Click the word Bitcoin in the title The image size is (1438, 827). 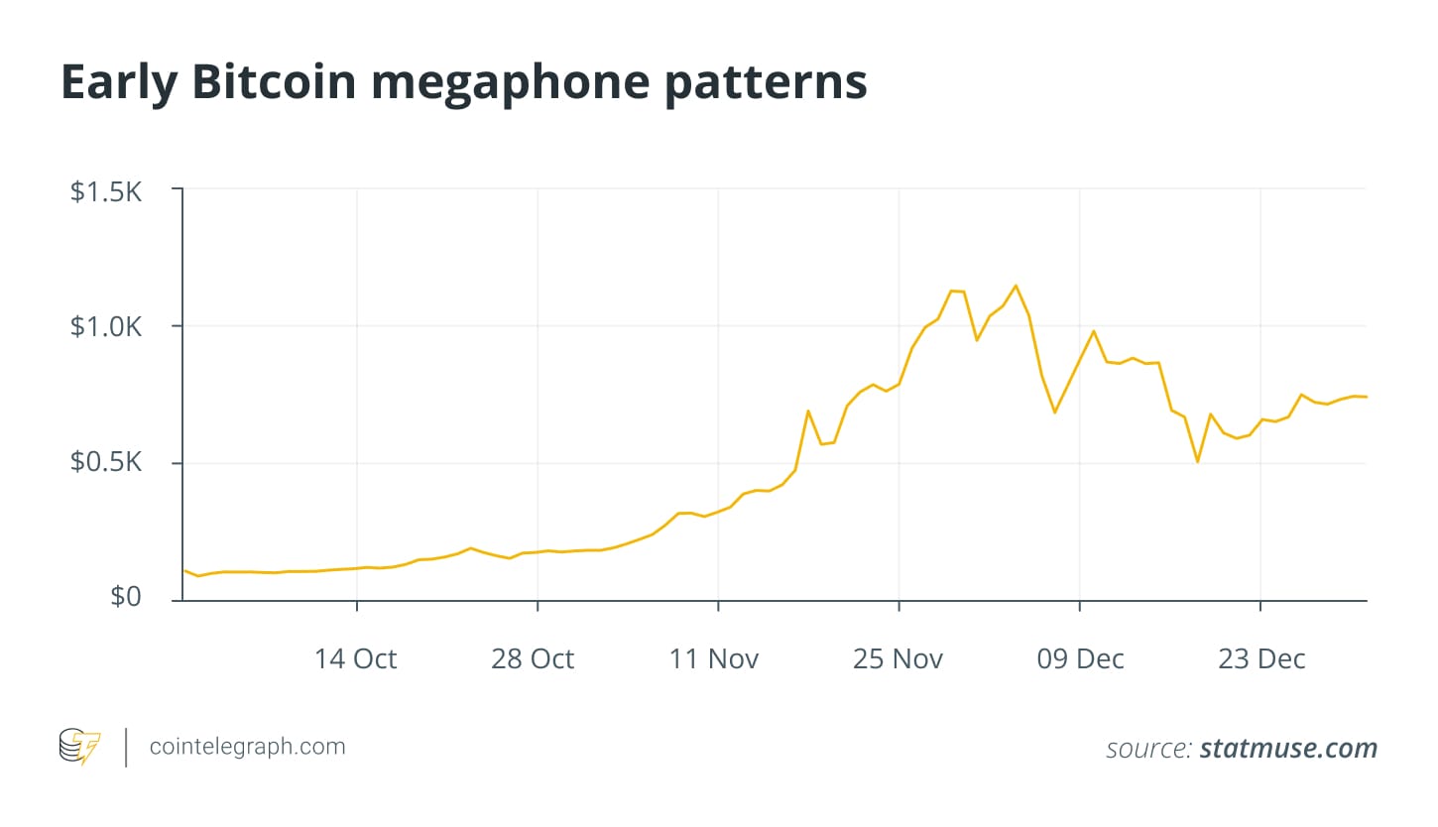click(274, 83)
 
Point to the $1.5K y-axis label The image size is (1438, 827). click(106, 191)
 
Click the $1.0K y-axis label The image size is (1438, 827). click(106, 327)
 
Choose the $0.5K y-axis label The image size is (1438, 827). click(106, 464)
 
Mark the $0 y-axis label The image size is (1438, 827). click(125, 597)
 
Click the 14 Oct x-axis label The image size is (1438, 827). click(356, 659)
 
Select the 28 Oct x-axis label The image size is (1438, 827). click(533, 659)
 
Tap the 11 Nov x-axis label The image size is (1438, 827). click(714, 659)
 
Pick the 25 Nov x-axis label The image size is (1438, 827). click(898, 659)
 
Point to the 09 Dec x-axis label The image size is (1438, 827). click(1080, 659)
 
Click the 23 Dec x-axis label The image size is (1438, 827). click(1261, 659)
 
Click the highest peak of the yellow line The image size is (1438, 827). click(1016, 286)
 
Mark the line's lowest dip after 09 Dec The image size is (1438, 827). click(1198, 462)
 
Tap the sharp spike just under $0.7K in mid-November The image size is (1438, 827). click(808, 411)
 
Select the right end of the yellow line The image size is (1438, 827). click(1366, 397)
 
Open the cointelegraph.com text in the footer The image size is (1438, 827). click(247, 747)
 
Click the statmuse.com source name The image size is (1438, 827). click(1288, 749)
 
